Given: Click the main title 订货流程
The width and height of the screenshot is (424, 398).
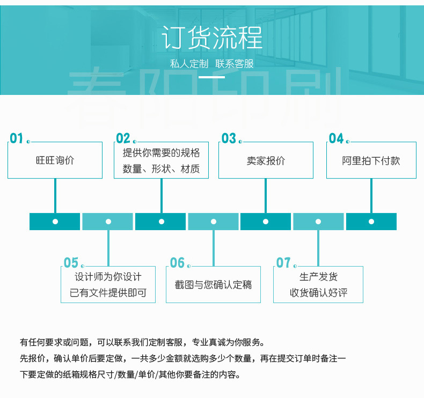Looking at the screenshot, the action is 212,38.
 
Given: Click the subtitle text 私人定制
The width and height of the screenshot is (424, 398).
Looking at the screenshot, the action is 189,64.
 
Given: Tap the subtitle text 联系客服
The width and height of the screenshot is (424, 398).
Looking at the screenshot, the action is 235,64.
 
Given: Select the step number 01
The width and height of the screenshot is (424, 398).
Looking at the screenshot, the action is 17,138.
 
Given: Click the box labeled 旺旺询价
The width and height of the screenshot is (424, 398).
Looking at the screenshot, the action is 55,160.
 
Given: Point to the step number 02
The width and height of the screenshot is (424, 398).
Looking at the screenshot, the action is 123,138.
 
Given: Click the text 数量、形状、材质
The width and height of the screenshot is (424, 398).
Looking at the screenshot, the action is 161,169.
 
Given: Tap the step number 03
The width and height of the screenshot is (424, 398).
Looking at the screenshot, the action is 229,138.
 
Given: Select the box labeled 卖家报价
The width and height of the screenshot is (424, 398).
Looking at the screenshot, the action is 266,160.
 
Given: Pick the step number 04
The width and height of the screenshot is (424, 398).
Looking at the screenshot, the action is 336,138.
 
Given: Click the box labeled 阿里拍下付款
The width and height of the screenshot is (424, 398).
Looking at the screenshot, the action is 371,160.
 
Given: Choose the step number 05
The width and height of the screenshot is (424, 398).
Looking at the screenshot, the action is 71,263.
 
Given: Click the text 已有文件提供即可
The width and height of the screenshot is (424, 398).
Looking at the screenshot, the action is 108,293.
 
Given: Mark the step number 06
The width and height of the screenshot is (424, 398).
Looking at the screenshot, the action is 177,263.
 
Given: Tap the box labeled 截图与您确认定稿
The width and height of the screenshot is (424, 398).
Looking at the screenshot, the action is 214,284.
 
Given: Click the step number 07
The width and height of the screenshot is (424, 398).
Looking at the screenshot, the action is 283,263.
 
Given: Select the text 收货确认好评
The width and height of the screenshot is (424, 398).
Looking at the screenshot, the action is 319,293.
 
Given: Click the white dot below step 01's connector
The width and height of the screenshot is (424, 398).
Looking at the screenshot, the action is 55,222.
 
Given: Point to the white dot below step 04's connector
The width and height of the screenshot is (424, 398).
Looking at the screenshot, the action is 371,222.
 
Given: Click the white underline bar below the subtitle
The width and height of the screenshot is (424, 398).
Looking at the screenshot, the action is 211,77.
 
